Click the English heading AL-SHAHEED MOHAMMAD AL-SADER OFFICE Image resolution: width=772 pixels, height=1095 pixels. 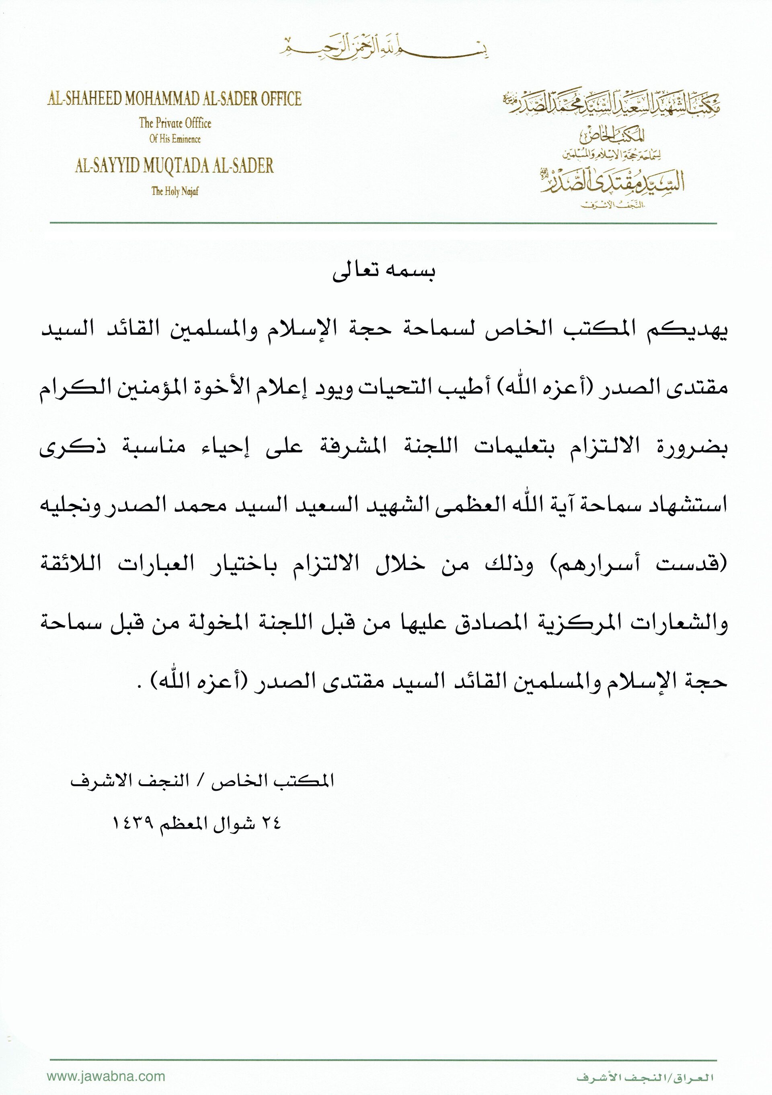click(x=175, y=99)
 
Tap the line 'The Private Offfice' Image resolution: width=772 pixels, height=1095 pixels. click(x=175, y=123)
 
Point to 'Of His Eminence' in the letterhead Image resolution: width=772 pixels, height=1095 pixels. click(x=175, y=139)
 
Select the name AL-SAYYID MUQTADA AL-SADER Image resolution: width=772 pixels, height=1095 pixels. click(x=175, y=166)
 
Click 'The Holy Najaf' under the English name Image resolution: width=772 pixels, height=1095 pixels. click(x=175, y=192)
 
